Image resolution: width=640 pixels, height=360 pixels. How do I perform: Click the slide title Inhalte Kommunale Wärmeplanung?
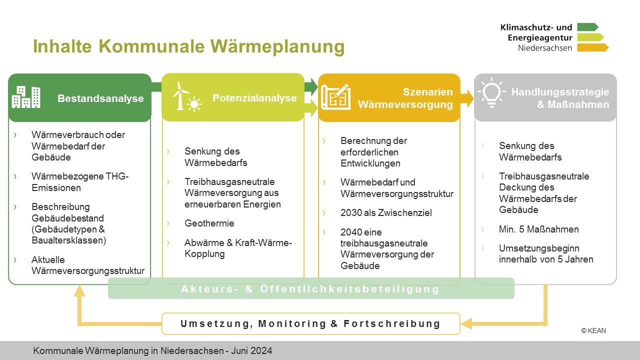coord(188,46)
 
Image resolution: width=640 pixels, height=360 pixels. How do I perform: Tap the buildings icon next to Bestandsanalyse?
coord(26,97)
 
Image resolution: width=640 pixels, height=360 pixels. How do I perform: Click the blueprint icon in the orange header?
coord(335,97)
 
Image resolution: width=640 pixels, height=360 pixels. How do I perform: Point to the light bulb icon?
coord(491,93)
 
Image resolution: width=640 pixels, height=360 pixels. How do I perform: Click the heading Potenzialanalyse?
coord(254,98)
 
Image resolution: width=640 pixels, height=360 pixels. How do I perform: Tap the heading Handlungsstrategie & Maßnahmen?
coord(560,98)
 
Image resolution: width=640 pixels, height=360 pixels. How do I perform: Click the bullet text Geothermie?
coord(209,223)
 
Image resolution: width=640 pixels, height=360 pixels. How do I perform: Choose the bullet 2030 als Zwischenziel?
coord(386,213)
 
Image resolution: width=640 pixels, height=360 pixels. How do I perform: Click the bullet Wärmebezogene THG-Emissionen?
coord(80,182)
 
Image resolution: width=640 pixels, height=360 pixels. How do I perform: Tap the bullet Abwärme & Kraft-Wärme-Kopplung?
coord(238,248)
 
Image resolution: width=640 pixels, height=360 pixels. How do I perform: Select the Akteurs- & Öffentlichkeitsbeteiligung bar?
coord(310,289)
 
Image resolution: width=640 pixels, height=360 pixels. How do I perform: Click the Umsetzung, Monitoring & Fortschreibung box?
coord(310,323)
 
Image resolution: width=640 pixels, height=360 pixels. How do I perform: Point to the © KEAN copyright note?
coord(593,330)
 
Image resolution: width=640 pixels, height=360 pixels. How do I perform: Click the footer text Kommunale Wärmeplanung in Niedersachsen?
coord(152,351)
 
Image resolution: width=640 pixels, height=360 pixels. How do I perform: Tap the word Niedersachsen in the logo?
coord(544,48)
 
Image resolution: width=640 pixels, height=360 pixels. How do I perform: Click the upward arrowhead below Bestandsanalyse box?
coord(79,290)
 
